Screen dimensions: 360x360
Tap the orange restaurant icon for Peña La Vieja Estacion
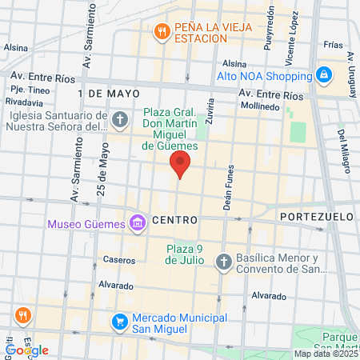(x=161, y=31)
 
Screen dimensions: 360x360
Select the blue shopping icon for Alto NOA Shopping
(x=324, y=76)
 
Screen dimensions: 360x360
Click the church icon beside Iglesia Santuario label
(x=120, y=121)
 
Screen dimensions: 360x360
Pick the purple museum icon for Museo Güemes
(x=137, y=222)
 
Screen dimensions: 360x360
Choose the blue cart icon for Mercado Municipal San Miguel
(x=119, y=322)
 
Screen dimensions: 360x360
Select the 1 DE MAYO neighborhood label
(x=103, y=93)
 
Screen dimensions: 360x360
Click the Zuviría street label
(x=211, y=106)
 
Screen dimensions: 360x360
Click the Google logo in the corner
(x=27, y=350)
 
